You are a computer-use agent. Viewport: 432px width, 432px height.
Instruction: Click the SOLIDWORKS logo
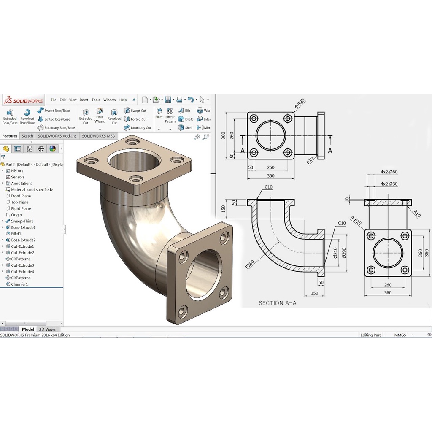[24, 100]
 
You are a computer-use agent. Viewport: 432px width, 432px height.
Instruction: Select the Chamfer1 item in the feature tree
[19, 284]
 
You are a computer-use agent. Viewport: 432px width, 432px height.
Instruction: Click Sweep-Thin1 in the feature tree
[22, 221]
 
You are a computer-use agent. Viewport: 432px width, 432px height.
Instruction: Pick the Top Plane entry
[19, 202]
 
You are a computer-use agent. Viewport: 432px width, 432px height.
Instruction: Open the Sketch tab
[27, 136]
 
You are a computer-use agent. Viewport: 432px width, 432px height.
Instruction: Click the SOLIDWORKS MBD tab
[98, 136]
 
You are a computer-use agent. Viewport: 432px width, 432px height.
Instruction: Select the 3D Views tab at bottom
[47, 329]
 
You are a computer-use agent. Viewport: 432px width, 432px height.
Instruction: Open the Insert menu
[84, 100]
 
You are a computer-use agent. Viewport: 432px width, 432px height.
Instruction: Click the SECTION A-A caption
[277, 303]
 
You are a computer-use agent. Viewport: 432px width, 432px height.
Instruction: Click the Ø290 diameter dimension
[343, 252]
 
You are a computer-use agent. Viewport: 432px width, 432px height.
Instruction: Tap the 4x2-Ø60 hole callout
[389, 172]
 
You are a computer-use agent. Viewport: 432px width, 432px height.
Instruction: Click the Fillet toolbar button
[159, 113]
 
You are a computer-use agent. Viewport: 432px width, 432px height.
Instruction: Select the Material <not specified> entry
[32, 190]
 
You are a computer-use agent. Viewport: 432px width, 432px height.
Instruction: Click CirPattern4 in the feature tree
[21, 278]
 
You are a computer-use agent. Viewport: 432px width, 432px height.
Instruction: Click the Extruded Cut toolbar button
[86, 116]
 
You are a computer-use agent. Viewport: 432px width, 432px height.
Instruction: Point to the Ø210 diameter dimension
[335, 252]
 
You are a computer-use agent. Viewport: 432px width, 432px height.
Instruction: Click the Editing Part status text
[370, 335]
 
